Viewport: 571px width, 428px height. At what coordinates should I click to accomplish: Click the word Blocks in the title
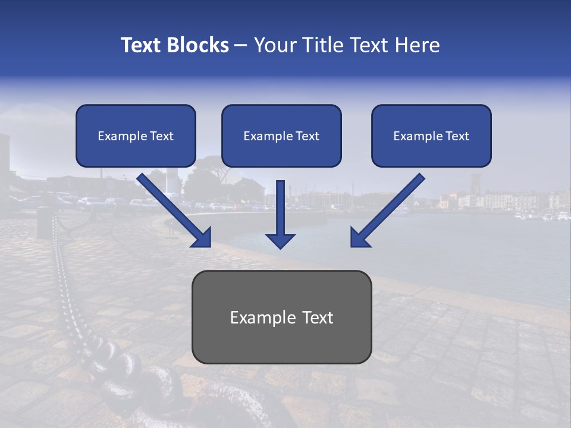pos(199,45)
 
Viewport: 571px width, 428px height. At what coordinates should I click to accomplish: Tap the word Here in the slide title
pos(418,45)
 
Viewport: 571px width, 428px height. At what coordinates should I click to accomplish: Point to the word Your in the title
pos(274,45)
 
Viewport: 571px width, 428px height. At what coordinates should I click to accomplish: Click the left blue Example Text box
pos(136,136)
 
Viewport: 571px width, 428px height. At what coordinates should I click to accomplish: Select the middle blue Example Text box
pos(281,136)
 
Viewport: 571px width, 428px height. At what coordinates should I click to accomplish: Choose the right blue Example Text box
pos(431,136)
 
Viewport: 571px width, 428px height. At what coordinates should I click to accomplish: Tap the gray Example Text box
pos(281,317)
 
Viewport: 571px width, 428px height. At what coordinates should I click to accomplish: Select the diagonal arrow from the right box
pos(390,208)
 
